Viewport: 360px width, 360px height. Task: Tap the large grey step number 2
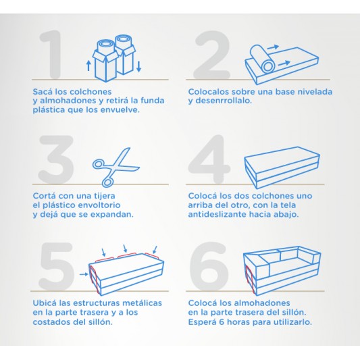211,55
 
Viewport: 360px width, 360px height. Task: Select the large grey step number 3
56,159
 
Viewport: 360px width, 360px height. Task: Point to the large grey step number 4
209,159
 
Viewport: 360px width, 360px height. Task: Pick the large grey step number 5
57,266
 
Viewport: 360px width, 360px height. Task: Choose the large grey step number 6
209,266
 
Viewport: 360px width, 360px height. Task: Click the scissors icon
115,167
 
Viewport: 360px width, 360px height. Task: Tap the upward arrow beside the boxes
88,66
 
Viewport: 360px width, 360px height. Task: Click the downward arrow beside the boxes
138,66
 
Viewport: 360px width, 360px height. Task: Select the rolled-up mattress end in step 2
267,66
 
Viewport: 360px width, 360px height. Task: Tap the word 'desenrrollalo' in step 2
223,101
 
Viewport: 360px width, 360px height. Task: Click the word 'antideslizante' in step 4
217,214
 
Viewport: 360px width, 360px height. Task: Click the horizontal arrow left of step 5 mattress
84,274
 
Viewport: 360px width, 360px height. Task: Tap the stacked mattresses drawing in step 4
282,168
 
